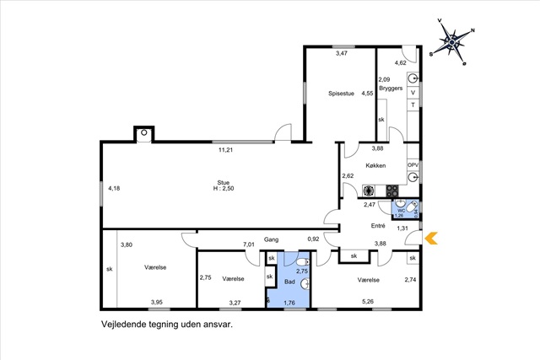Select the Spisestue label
point(343,94)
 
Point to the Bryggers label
point(391,87)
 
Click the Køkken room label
point(375,165)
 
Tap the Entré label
point(378,226)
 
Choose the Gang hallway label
point(271,239)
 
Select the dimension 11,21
point(225,150)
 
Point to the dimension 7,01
point(249,244)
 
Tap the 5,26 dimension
point(368,301)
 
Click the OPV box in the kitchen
point(413,165)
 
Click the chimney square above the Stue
point(143,133)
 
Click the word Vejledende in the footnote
point(126,322)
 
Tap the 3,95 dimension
point(156,302)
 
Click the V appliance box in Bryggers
point(413,92)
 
